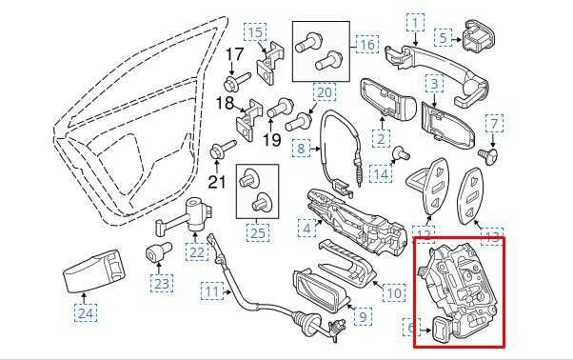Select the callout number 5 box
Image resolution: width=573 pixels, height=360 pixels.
pyautogui.click(x=444, y=37)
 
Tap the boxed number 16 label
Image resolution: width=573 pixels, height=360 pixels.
pyautogui.click(x=367, y=44)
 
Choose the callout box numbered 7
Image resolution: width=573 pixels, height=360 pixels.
pyautogui.click(x=493, y=123)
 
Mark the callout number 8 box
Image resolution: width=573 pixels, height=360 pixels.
pyautogui.click(x=303, y=150)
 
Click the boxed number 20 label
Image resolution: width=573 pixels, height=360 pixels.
pyautogui.click(x=324, y=92)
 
